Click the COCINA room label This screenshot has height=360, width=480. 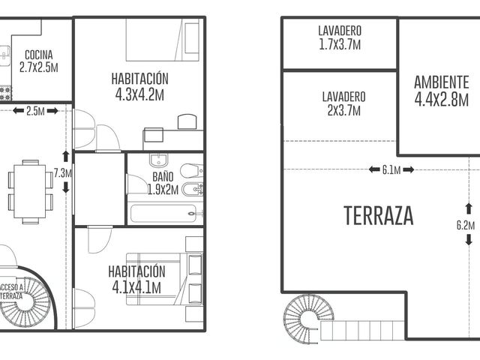pyautogui.click(x=38, y=55)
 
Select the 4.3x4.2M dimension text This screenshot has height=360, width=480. pyautogui.click(x=139, y=95)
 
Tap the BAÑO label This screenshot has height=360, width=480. pyautogui.click(x=163, y=177)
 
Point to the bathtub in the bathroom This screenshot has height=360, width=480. pyautogui.click(x=163, y=213)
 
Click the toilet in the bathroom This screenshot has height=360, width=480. pyautogui.click(x=191, y=170)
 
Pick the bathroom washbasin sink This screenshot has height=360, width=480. pyautogui.click(x=158, y=160)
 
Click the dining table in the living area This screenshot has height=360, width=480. pyautogui.click(x=30, y=192)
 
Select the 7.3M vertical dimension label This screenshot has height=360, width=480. pyautogui.click(x=63, y=173)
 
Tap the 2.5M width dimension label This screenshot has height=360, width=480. pyautogui.click(x=35, y=111)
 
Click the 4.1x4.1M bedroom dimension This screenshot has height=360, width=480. pyautogui.click(x=136, y=288)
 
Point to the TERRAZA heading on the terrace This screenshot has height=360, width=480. pyautogui.click(x=379, y=216)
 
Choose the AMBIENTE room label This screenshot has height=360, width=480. pyautogui.click(x=442, y=82)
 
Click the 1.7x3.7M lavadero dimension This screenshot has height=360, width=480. pyautogui.click(x=340, y=45)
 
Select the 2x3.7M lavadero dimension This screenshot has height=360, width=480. pyautogui.click(x=343, y=110)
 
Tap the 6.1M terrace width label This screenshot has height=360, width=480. pyautogui.click(x=391, y=169)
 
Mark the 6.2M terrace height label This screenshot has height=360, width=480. pyautogui.click(x=466, y=225)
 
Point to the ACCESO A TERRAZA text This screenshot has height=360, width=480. pyautogui.click(x=11, y=292)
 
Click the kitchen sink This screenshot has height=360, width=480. pyautogui.click(x=5, y=55)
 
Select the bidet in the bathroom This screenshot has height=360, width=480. pyautogui.click(x=193, y=190)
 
